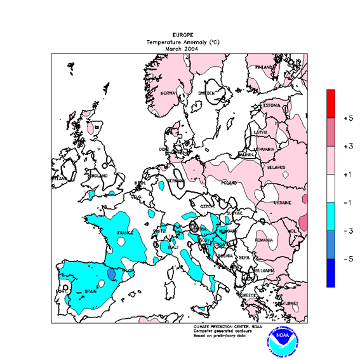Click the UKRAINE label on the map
coord(281,203)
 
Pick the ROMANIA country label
coord(264,240)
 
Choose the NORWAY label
coord(168,93)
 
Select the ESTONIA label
coord(272,105)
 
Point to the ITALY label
coord(173,246)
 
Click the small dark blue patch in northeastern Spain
coord(112,274)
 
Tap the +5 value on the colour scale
coord(348,118)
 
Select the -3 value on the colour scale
coord(348,231)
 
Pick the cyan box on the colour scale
coord(331,217)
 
